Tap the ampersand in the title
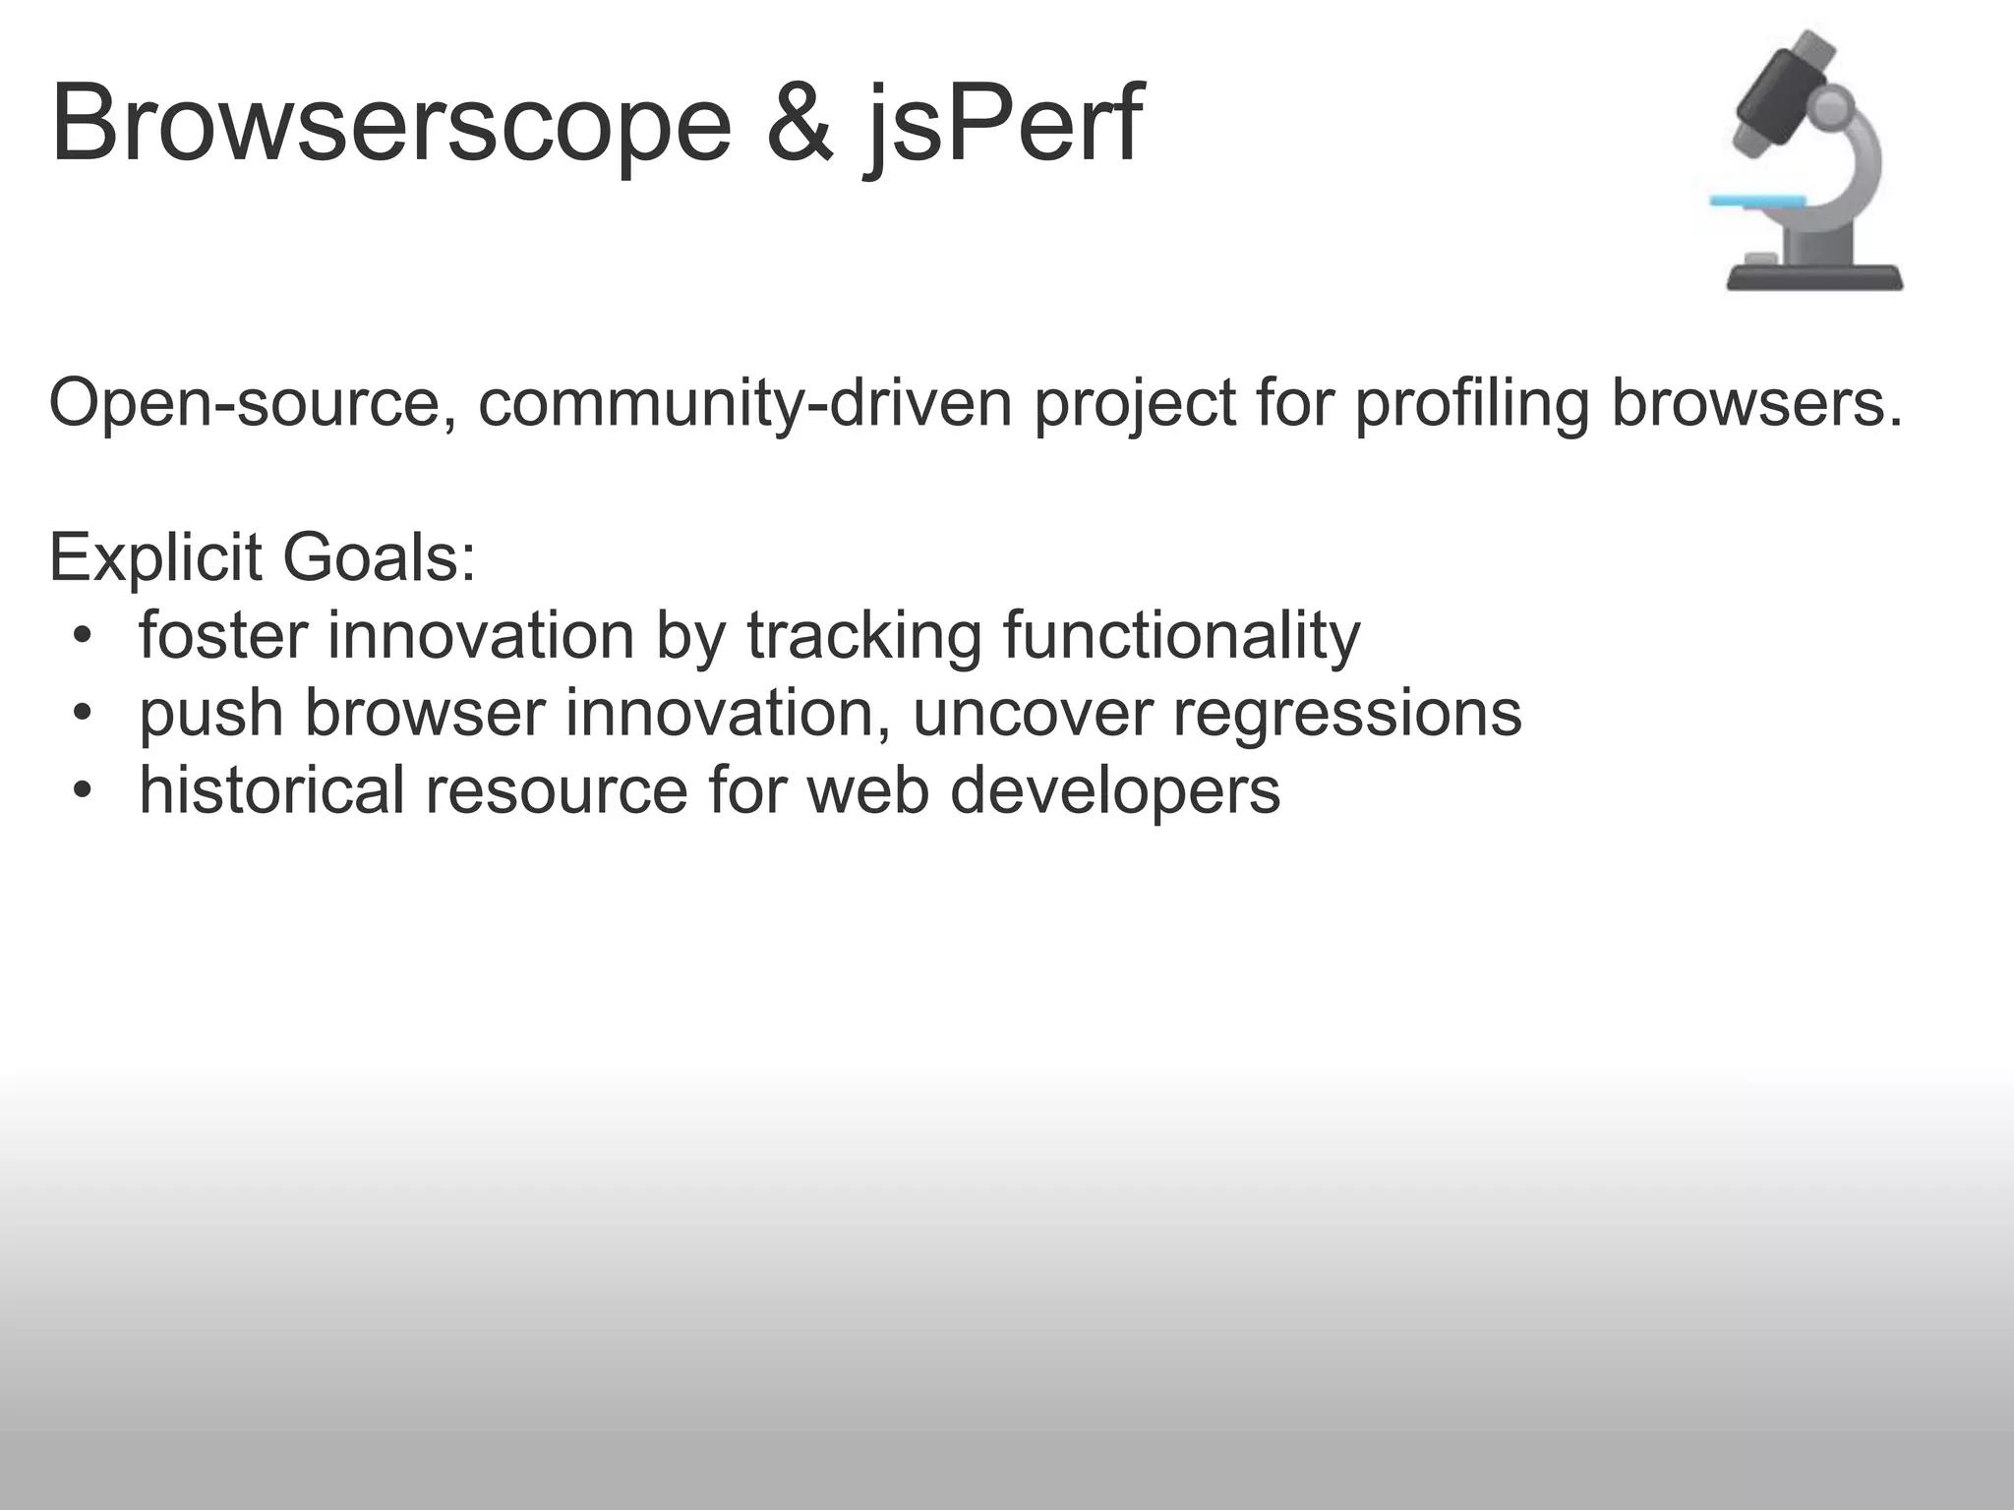pos(800,126)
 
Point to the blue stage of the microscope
pos(1757,202)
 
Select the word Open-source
pos(253,404)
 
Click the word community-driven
pos(745,404)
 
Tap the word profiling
pos(1472,404)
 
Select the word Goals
pos(379,557)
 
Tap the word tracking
pos(864,636)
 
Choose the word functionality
pos(1181,636)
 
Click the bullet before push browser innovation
pos(84,713)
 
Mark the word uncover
pos(1033,713)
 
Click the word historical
pos(272,789)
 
